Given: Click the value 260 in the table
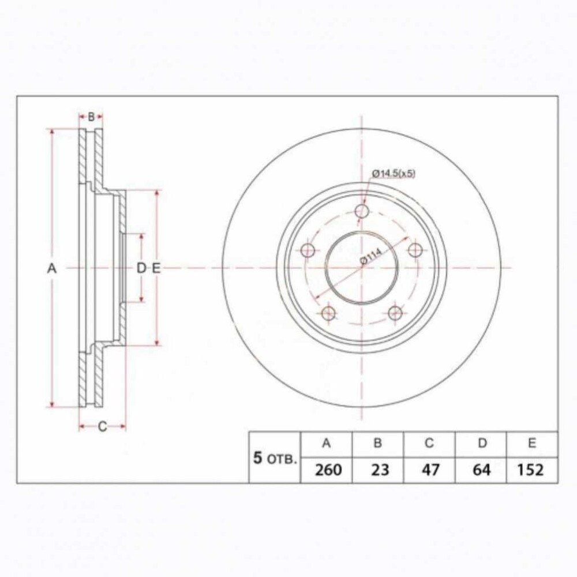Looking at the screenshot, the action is (328, 470).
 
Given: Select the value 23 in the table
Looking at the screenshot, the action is (380, 470).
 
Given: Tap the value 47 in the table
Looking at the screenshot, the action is (430, 470).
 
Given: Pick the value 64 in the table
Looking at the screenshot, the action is (482, 470).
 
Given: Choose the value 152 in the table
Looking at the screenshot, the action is (530, 470).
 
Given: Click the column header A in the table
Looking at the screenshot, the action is (327, 443).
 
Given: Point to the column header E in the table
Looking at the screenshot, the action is (532, 443).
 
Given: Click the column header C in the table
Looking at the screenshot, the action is (429, 443).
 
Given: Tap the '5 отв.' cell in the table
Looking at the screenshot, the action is (275, 459).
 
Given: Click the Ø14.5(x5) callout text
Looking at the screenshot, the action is (394, 173).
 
